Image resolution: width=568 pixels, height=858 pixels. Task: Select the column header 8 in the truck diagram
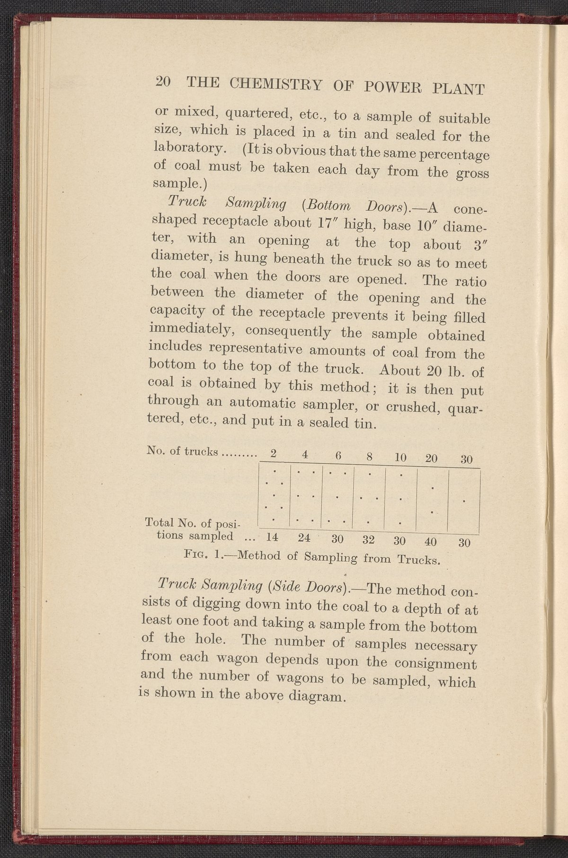(x=371, y=457)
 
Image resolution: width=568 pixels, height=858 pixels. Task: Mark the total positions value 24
(x=305, y=538)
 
